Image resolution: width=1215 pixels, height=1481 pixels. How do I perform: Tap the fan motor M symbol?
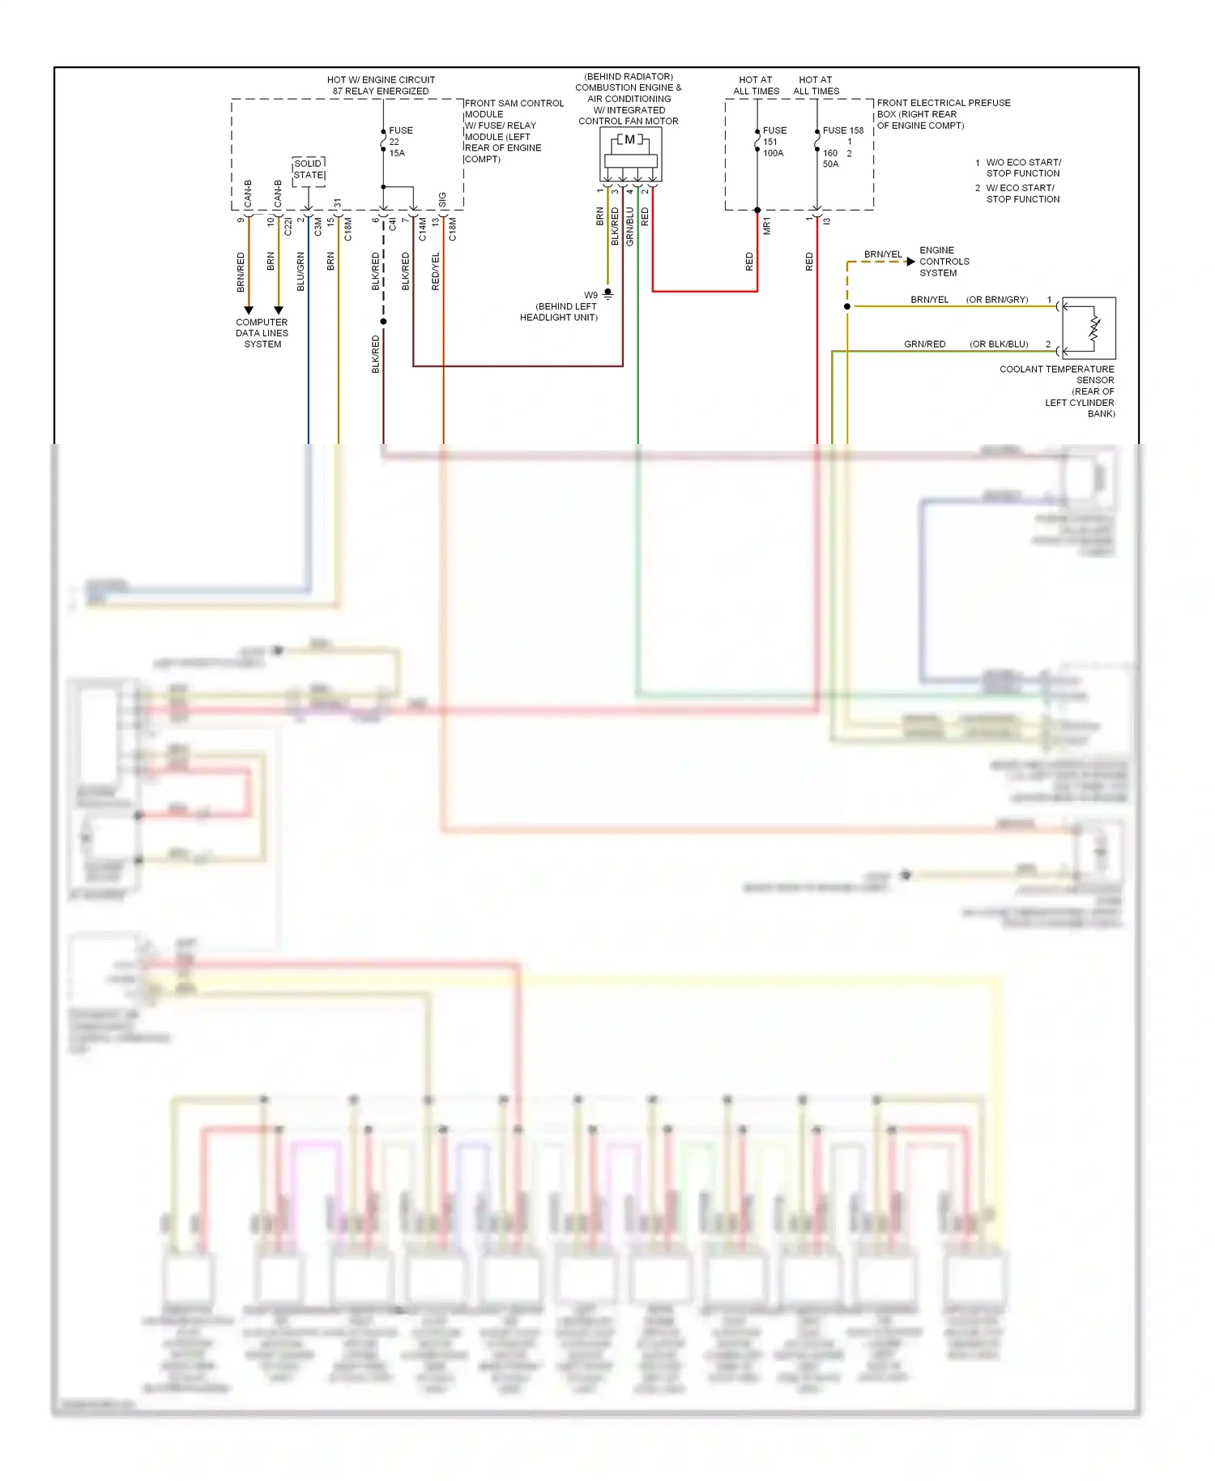(x=630, y=140)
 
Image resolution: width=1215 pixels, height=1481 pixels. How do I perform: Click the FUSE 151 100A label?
(x=774, y=142)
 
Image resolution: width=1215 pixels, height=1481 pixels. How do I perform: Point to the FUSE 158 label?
(x=843, y=130)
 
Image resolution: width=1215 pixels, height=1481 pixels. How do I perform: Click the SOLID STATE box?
(x=309, y=169)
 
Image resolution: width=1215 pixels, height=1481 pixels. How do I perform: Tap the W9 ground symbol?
(x=607, y=296)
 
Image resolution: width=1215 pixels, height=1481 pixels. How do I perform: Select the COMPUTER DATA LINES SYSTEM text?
(x=262, y=333)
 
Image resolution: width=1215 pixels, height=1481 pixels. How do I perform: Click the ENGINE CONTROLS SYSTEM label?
(x=944, y=262)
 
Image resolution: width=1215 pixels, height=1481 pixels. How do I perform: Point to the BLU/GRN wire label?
(x=301, y=271)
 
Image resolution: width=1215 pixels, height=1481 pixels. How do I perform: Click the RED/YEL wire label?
(x=436, y=271)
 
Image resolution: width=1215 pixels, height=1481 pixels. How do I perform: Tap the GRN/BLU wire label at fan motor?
(x=630, y=227)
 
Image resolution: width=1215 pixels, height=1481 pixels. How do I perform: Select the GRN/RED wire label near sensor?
(x=924, y=344)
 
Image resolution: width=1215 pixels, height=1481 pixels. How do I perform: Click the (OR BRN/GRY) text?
(x=996, y=300)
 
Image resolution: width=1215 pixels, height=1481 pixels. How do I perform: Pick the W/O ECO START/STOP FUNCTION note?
(x=1022, y=168)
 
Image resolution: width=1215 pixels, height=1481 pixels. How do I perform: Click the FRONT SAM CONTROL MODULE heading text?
(x=514, y=109)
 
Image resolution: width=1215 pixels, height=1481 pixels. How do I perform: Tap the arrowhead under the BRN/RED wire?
(x=249, y=310)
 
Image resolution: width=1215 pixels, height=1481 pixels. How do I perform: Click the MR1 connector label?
(x=766, y=226)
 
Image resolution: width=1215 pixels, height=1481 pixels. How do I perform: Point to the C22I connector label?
(x=288, y=227)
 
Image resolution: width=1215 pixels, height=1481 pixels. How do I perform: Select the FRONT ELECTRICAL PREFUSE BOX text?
(x=943, y=114)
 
